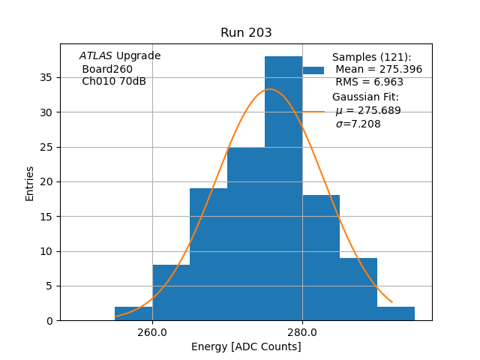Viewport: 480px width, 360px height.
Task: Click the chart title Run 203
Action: coord(246,33)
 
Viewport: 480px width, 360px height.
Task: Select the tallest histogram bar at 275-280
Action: coord(283,187)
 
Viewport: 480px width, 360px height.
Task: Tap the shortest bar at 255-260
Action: coord(133,313)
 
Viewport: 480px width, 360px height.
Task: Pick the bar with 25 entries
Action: coord(246,233)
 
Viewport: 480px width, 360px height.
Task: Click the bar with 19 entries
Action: coord(208,254)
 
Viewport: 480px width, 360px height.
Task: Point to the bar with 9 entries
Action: coord(358,289)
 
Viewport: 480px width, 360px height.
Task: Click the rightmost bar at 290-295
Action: coord(396,313)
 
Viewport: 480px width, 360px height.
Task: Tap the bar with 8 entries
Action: coord(171,292)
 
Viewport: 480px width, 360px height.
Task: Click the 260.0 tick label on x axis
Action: coord(152,331)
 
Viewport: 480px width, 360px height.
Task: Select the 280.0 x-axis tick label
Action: coord(302,331)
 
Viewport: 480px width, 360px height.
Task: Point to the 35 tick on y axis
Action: coord(46,77)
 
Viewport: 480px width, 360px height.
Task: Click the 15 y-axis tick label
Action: coord(46,217)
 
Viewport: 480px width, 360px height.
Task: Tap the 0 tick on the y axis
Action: coord(49,321)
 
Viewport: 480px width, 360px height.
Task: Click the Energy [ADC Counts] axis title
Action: coord(246,346)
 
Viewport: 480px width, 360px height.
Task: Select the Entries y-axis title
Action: coord(30,183)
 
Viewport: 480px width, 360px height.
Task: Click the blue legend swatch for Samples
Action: coord(313,70)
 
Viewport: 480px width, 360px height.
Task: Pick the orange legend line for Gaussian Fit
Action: coord(313,111)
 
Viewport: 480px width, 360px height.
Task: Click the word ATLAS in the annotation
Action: coord(96,56)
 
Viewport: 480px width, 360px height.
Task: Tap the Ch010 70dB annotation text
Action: coord(114,82)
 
